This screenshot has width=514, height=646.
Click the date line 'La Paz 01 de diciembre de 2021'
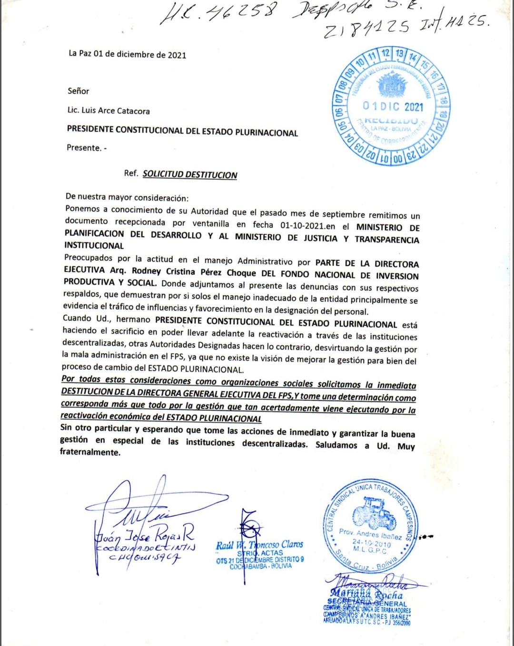(x=127, y=54)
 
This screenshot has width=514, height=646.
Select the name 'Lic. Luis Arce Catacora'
(x=109, y=111)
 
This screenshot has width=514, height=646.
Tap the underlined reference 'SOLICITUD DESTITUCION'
(x=189, y=174)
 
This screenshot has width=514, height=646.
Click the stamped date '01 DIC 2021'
(x=393, y=106)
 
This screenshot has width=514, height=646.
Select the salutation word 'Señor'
(x=78, y=91)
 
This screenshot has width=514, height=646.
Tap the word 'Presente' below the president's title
(x=84, y=148)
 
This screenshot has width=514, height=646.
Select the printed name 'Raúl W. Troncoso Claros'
(x=259, y=545)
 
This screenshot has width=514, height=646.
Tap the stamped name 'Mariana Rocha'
(x=366, y=594)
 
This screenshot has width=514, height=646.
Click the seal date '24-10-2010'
(x=371, y=542)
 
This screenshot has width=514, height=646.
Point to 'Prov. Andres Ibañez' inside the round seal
(x=370, y=534)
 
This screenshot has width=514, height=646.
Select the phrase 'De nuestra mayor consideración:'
(x=127, y=197)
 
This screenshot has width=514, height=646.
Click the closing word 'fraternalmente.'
(x=90, y=452)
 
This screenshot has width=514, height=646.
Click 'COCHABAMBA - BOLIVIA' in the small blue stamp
(x=260, y=566)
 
